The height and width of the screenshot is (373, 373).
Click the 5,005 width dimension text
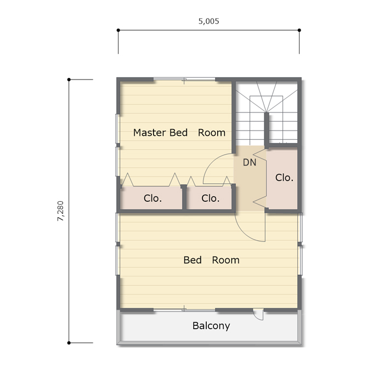(x=208, y=21)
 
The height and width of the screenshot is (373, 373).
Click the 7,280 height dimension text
(x=61, y=211)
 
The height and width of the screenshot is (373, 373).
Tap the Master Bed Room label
(x=179, y=133)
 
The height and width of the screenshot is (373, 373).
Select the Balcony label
(x=211, y=326)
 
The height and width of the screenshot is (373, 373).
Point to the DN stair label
(x=250, y=162)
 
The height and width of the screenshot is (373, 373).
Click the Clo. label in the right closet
(x=284, y=178)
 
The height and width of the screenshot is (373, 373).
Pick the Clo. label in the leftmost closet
(x=152, y=198)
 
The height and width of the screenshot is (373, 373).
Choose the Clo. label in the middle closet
(x=210, y=198)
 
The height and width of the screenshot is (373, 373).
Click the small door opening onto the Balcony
(x=258, y=314)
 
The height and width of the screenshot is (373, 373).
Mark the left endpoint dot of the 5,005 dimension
(x=118, y=30)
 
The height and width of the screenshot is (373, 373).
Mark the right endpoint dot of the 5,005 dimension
(x=299, y=30)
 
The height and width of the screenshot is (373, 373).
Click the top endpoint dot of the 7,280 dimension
(x=69, y=80)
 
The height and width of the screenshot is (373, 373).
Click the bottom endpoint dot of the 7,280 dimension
(x=69, y=343)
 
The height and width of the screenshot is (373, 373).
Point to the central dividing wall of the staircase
(x=267, y=131)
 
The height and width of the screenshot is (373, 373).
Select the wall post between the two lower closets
(x=184, y=197)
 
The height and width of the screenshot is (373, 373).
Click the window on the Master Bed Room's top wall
(x=184, y=79)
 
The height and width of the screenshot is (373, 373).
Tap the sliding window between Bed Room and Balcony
(x=184, y=310)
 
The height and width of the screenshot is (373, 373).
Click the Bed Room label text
(x=211, y=260)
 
